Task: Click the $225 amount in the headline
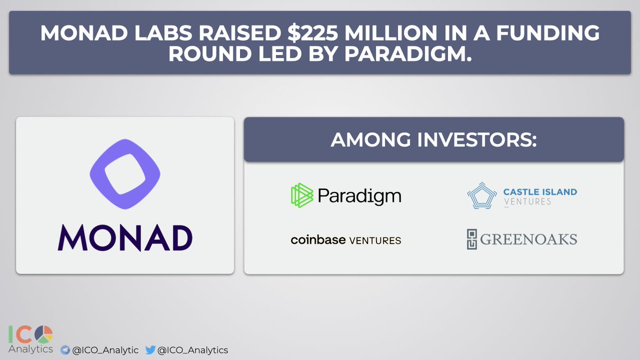click(x=313, y=33)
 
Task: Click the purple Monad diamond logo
click(x=125, y=174)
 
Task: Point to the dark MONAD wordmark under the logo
click(x=125, y=238)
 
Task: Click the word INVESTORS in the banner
click(x=477, y=140)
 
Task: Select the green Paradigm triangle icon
click(x=302, y=195)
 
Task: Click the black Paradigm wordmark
click(x=359, y=196)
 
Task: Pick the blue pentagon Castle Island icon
click(x=482, y=196)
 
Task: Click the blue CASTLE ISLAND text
click(x=540, y=192)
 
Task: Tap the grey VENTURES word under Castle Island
click(x=527, y=202)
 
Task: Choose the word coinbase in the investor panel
click(x=318, y=240)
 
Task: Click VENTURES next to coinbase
click(x=375, y=241)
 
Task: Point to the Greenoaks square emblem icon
click(x=472, y=239)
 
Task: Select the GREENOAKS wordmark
click(x=529, y=239)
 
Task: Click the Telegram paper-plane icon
click(x=65, y=350)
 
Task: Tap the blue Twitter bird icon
click(x=150, y=350)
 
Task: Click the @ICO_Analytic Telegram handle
click(x=105, y=350)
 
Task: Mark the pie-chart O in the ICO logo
click(x=44, y=334)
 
